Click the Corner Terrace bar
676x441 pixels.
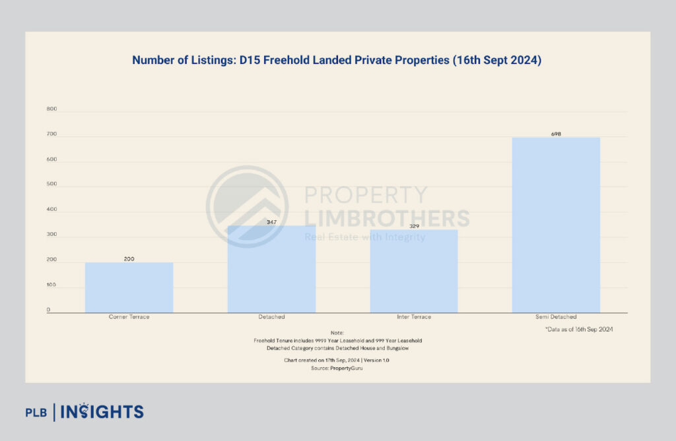129,287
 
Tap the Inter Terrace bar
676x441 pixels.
414,271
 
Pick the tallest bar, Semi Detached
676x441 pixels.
556,225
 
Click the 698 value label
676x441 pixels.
556,134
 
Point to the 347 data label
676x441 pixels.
271,222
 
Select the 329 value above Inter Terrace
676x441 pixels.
414,226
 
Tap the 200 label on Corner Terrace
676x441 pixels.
129,259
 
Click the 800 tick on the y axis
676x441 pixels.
52,109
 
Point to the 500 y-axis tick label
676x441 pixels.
52,185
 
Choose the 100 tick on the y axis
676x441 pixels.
52,285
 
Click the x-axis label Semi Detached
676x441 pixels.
556,317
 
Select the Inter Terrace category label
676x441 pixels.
414,317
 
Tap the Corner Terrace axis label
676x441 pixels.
129,317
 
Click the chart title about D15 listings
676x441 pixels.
337,60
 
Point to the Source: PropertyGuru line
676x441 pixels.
337,368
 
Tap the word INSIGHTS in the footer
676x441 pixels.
102,412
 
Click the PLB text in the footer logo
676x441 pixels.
36,413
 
